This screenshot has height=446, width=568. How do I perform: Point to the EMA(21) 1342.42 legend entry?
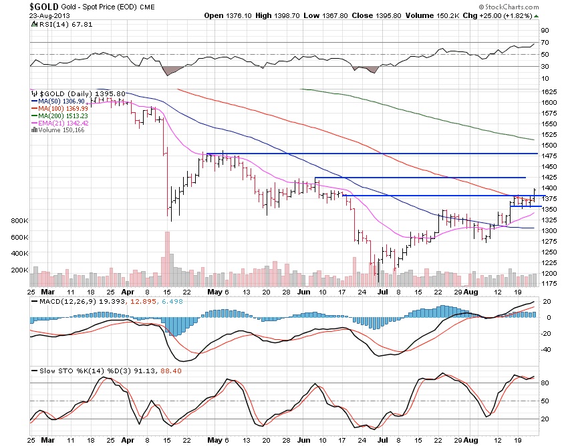(63, 123)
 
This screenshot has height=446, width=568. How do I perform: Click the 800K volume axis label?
(19, 220)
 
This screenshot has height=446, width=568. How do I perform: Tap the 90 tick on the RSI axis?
(545, 31)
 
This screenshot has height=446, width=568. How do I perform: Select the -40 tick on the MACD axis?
(545, 349)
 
